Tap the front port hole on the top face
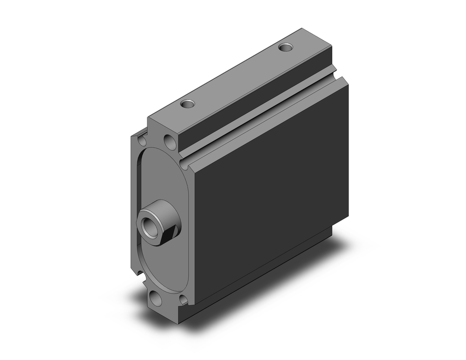[x=188, y=104]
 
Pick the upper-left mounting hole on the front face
[x=142, y=139]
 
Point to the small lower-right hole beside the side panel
[x=183, y=299]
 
